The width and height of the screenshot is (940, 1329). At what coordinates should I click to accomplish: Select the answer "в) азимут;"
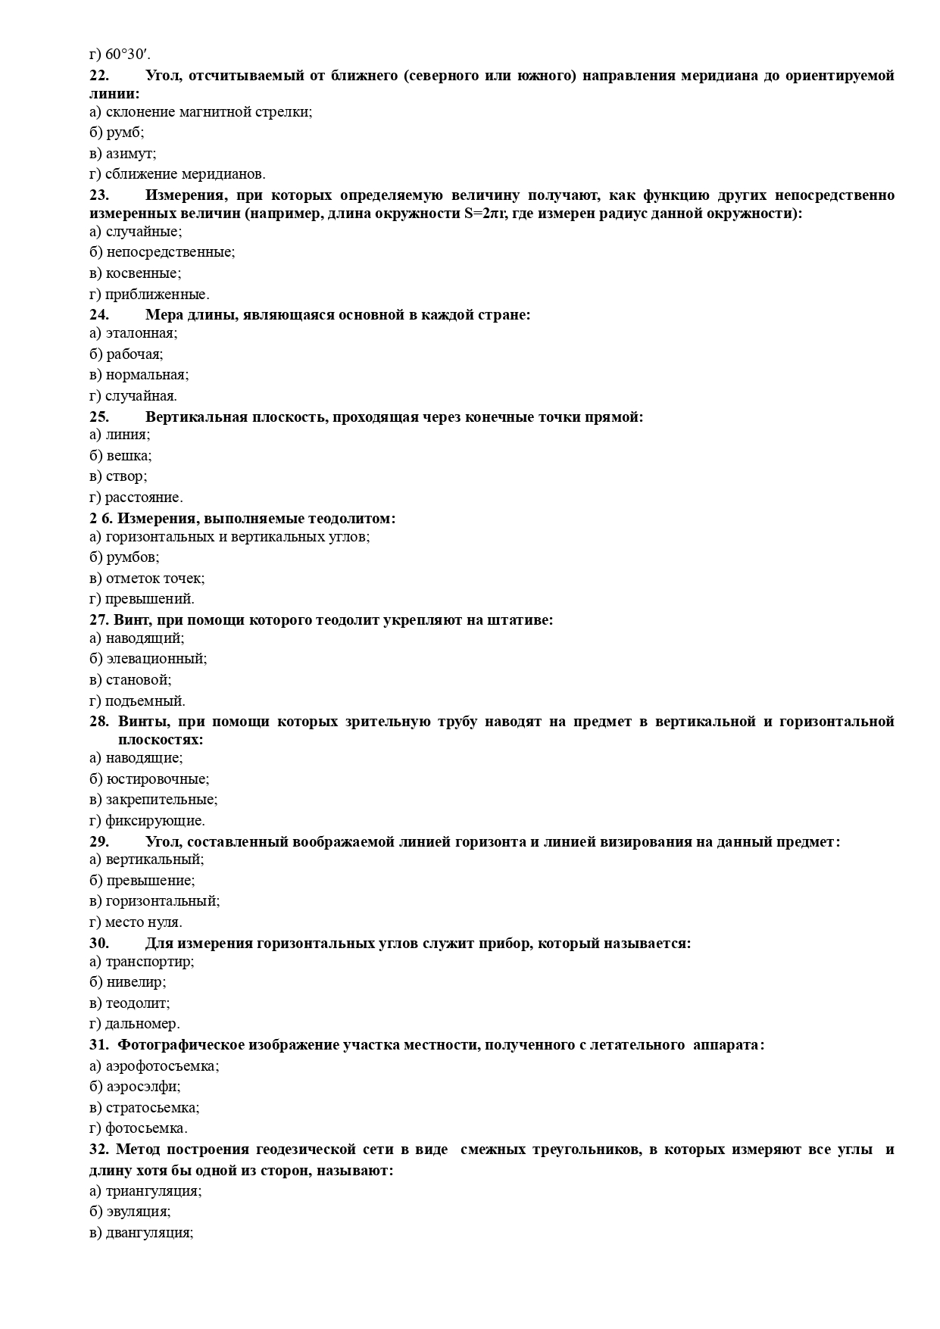[x=123, y=153]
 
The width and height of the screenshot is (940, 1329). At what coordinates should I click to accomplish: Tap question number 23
[x=99, y=195]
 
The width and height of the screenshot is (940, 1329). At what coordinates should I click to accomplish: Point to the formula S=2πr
[x=484, y=214]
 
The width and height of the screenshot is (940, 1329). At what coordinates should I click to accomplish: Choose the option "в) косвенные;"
[x=135, y=273]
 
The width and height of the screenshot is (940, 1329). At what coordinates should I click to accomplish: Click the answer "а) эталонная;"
[x=133, y=332]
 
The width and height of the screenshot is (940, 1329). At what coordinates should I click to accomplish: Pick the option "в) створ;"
[x=118, y=476]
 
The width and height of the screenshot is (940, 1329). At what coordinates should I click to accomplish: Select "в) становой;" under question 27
[x=130, y=679]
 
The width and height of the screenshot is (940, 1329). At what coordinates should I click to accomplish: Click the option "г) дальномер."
[x=134, y=1024]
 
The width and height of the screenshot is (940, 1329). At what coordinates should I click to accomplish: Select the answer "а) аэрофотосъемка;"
[x=154, y=1065]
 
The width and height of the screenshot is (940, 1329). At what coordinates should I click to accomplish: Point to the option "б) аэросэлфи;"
[x=135, y=1087]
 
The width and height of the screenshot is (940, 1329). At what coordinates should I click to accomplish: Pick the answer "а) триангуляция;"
[x=145, y=1191]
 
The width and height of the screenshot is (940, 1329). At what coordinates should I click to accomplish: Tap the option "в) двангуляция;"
[x=142, y=1233]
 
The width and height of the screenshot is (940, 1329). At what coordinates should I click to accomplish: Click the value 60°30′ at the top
[x=126, y=55]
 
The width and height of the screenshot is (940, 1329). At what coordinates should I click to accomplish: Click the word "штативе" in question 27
[x=524, y=620]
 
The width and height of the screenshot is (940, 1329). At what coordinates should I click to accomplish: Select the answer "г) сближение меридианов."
[x=177, y=173]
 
